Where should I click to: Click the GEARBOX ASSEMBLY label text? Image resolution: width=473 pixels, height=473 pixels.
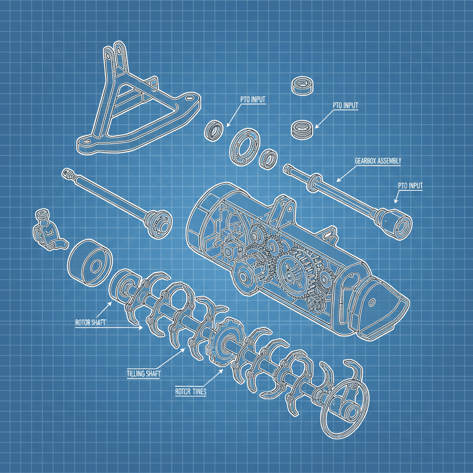(x=378, y=161)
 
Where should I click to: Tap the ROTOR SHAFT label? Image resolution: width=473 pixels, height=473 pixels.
(x=91, y=322)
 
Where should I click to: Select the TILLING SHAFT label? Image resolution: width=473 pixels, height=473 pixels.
(x=144, y=374)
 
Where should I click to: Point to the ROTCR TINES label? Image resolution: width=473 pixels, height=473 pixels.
(x=191, y=392)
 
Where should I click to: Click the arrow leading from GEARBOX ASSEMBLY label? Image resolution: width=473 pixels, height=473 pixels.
(x=346, y=174)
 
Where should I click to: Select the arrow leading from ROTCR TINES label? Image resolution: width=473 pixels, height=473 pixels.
(x=213, y=377)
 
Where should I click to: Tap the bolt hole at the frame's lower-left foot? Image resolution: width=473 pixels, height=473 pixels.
(x=86, y=141)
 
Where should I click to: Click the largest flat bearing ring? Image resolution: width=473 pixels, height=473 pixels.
(x=245, y=147)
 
